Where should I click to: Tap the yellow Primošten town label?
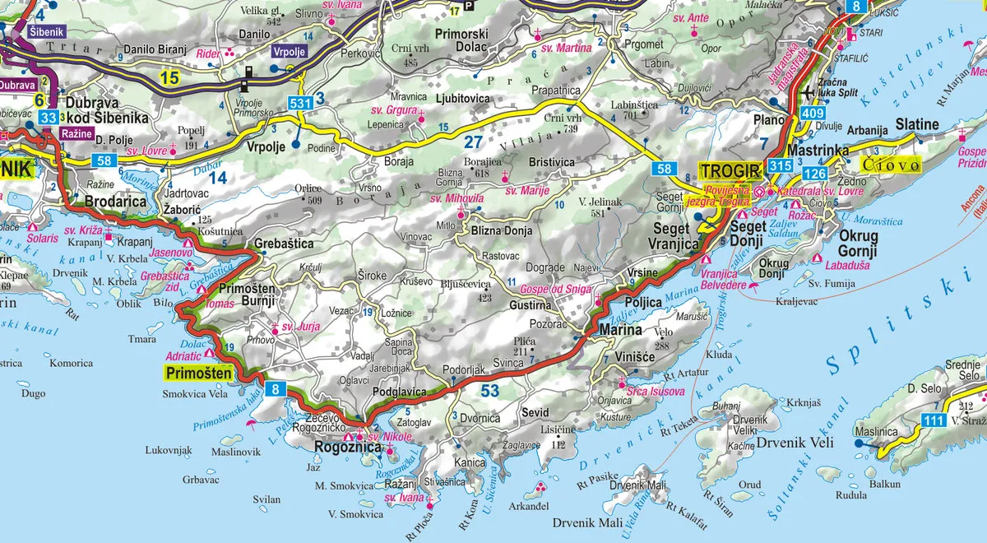pos(197,374)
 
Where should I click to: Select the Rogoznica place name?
pos(349,448)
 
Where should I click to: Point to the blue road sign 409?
pos(813,113)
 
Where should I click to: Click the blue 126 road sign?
pos(814,174)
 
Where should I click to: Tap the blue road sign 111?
pos(933,420)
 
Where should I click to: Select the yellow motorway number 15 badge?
pos(169,78)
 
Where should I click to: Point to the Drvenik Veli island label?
pos(795,443)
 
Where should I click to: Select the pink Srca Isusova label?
pos(655,392)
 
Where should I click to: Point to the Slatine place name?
pos(917,124)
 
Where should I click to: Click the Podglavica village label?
pos(399,392)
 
